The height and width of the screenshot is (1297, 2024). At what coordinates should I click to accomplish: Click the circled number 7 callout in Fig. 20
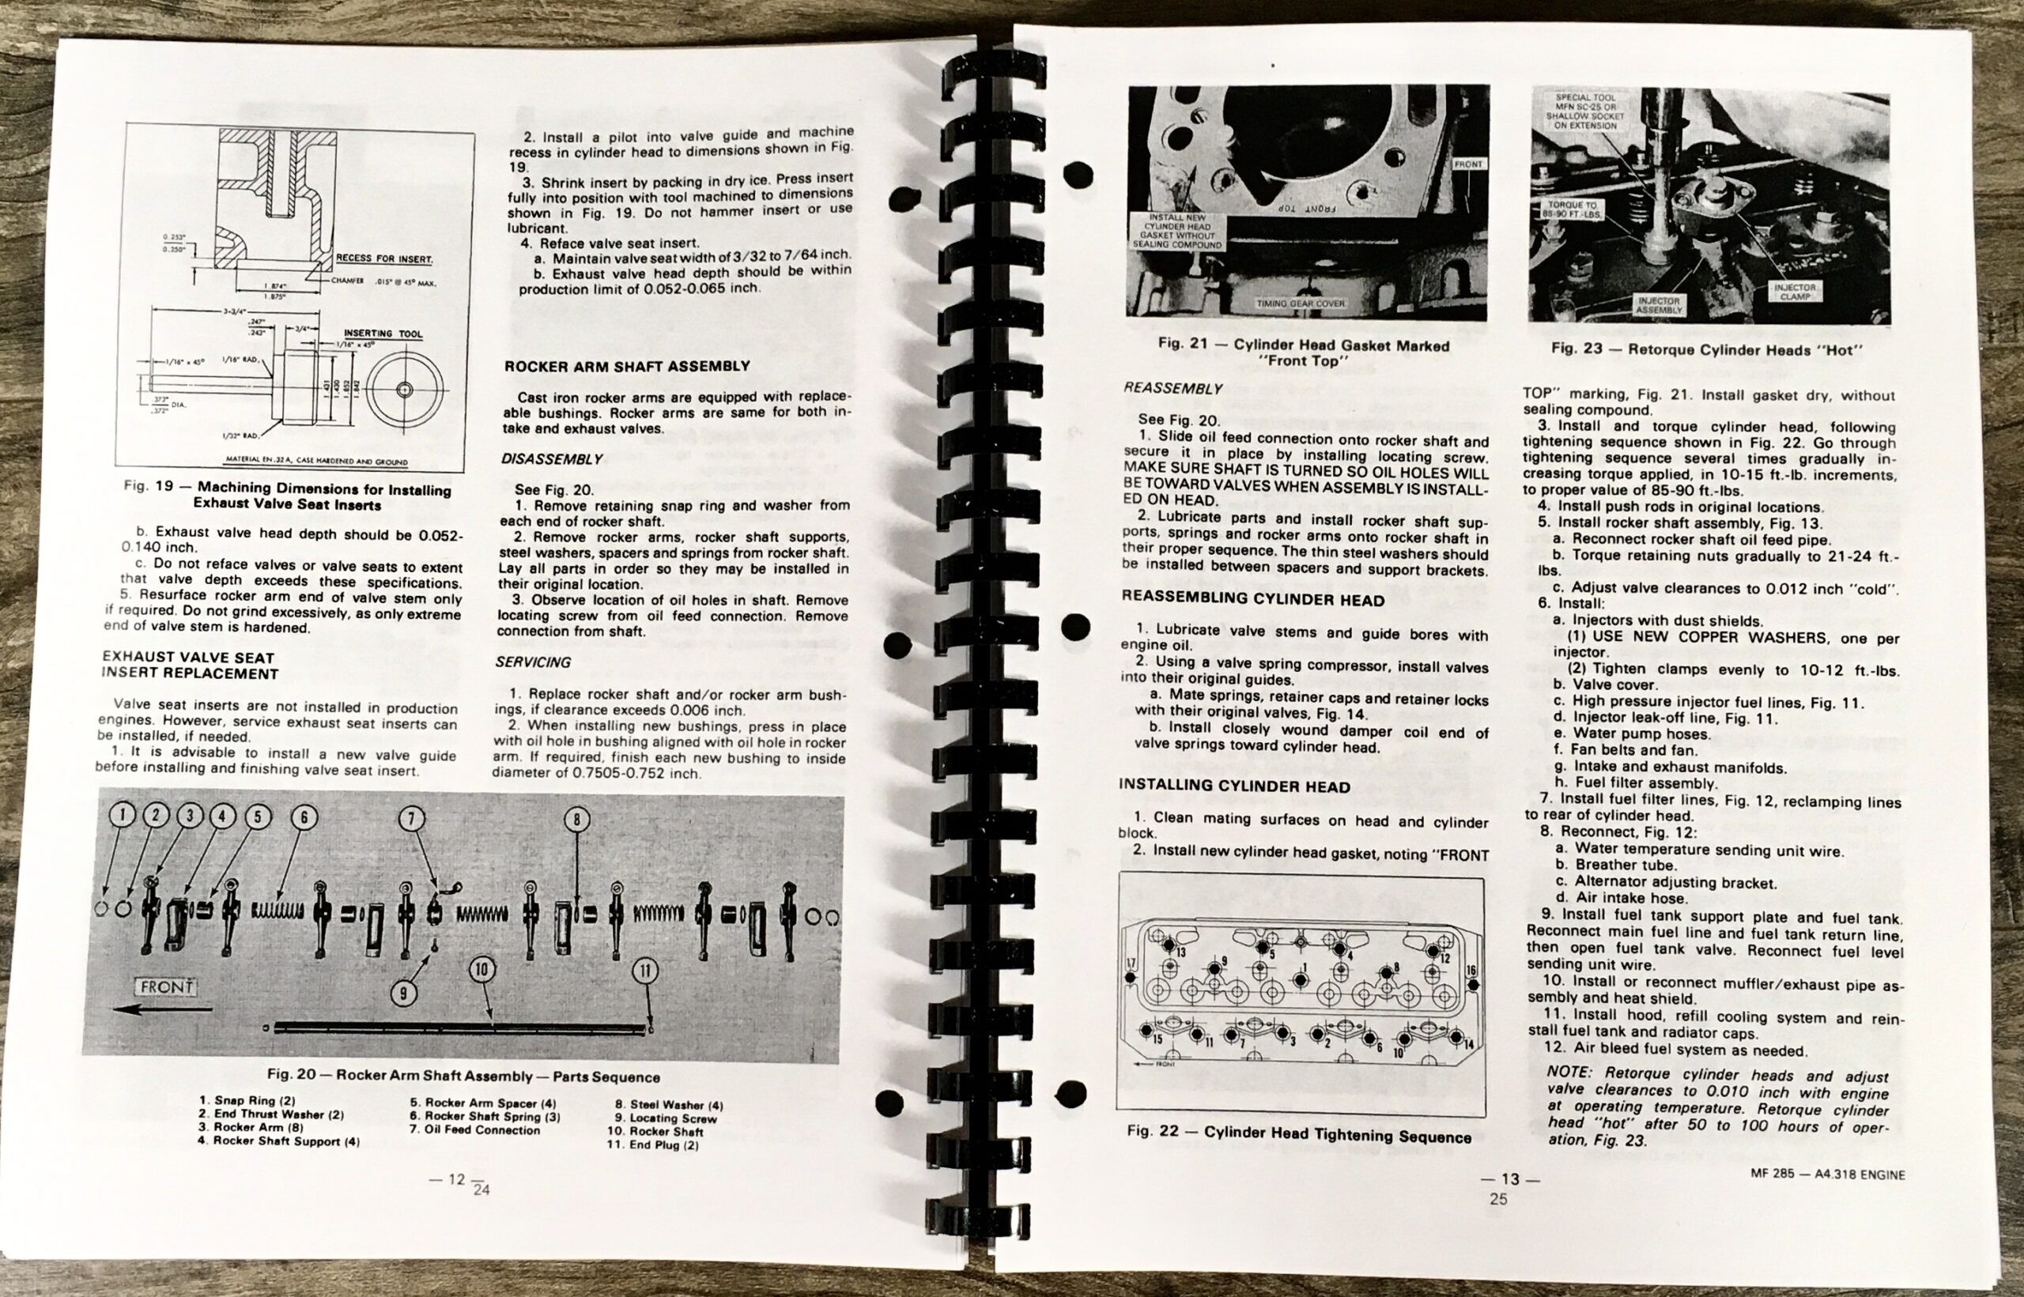click(411, 819)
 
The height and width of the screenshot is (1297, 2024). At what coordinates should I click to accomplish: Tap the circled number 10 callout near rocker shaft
click(481, 971)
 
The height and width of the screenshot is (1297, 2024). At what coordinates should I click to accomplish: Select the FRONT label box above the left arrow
click(166, 986)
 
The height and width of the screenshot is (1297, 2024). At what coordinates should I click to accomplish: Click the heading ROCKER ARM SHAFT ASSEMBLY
click(627, 367)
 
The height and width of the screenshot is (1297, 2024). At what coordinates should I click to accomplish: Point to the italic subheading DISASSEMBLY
click(552, 459)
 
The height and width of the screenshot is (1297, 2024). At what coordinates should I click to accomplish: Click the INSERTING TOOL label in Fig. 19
click(383, 334)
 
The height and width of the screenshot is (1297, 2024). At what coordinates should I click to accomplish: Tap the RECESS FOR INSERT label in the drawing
click(384, 258)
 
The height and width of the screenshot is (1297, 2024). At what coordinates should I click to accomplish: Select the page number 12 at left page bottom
click(455, 1179)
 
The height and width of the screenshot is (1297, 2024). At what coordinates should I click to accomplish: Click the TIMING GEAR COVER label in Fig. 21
click(1301, 304)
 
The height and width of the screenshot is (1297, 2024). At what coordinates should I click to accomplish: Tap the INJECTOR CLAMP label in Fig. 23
click(1795, 292)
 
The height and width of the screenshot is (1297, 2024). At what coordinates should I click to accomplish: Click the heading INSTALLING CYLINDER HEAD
click(1234, 786)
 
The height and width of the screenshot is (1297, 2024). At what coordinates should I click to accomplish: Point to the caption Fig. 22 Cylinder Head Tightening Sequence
click(1298, 1133)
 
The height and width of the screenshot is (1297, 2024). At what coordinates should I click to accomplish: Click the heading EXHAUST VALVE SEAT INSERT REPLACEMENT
click(190, 665)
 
